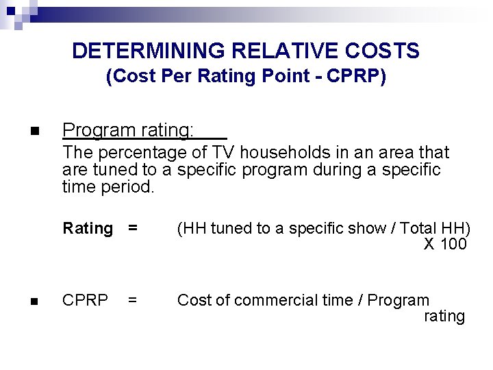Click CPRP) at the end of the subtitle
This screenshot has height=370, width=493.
click(x=357, y=76)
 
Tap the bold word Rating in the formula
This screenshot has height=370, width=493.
click(x=88, y=228)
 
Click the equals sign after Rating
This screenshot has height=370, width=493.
click(x=132, y=228)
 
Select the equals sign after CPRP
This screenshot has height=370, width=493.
click(x=132, y=300)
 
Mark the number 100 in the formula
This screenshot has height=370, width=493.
click(x=453, y=245)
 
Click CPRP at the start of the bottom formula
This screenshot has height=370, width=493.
click(x=85, y=300)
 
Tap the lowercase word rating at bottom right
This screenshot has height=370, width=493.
click(x=444, y=317)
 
